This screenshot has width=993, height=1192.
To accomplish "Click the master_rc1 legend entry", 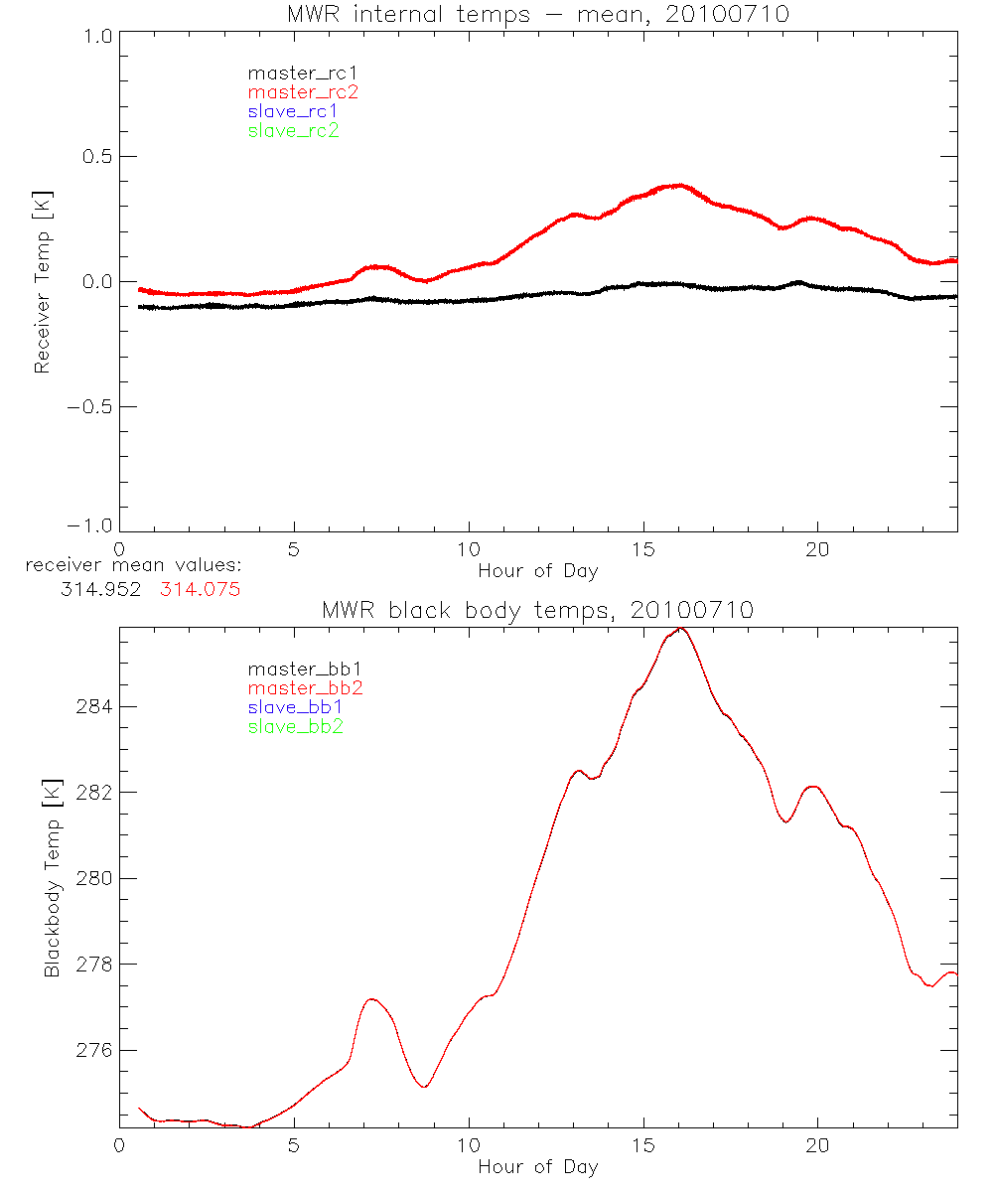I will point(293,73).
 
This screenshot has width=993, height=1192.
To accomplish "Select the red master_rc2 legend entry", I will point(303,91).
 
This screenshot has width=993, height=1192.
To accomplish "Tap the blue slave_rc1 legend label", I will point(293,111).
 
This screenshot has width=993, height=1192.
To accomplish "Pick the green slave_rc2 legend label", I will point(293,130).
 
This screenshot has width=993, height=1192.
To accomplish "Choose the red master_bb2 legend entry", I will point(305,687).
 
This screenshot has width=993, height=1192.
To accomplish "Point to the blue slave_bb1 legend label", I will point(295,707).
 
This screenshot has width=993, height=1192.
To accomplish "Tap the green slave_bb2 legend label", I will point(295,726).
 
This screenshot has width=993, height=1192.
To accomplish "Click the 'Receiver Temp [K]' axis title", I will point(42,282).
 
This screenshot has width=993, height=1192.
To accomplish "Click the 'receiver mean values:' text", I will point(133,565).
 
